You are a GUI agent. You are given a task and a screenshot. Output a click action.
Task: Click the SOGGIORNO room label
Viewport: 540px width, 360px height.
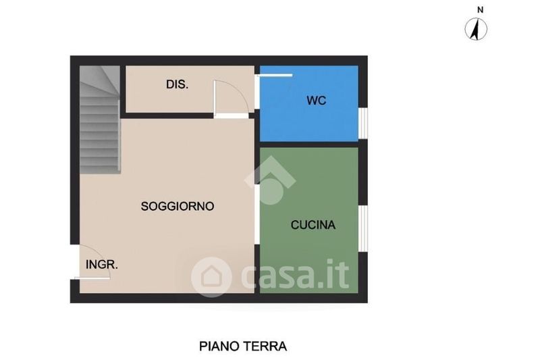coord(178,206)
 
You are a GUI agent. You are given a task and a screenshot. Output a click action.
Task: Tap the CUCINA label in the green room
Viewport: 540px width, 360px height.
coord(313,225)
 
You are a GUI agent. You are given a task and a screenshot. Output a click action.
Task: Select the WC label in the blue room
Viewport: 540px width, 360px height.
coord(316,101)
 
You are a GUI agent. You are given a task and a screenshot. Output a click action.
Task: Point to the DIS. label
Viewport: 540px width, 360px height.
coord(177,84)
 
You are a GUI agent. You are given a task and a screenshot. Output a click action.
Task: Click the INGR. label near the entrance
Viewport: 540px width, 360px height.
coord(102,265)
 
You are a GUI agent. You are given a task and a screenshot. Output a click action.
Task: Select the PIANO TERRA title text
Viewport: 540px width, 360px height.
coord(243,346)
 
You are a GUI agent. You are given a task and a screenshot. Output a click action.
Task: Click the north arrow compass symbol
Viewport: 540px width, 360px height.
coord(476,29)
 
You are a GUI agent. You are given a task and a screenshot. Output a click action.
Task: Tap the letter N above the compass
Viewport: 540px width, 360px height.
coord(480,10)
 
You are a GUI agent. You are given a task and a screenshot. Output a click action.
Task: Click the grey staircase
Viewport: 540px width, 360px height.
coord(100,120)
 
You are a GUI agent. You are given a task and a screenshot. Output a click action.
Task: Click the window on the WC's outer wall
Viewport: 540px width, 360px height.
coord(362,123)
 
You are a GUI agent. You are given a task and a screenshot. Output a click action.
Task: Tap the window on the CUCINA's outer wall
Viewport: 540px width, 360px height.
coord(362,228)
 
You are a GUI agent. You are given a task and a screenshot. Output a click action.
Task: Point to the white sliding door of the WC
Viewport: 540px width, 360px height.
coord(276,75)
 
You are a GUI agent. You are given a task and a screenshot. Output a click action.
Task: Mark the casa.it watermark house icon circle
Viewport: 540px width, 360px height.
coord(211,277)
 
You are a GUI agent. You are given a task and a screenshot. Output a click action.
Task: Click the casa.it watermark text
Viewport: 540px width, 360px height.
coord(295,275)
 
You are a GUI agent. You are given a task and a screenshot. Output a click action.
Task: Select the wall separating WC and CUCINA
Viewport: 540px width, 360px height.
coord(309,145)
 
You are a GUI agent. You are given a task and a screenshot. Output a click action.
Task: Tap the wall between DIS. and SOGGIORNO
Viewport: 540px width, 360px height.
coord(167,115)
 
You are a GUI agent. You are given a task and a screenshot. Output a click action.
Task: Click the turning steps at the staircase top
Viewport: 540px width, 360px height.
coord(100,81)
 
